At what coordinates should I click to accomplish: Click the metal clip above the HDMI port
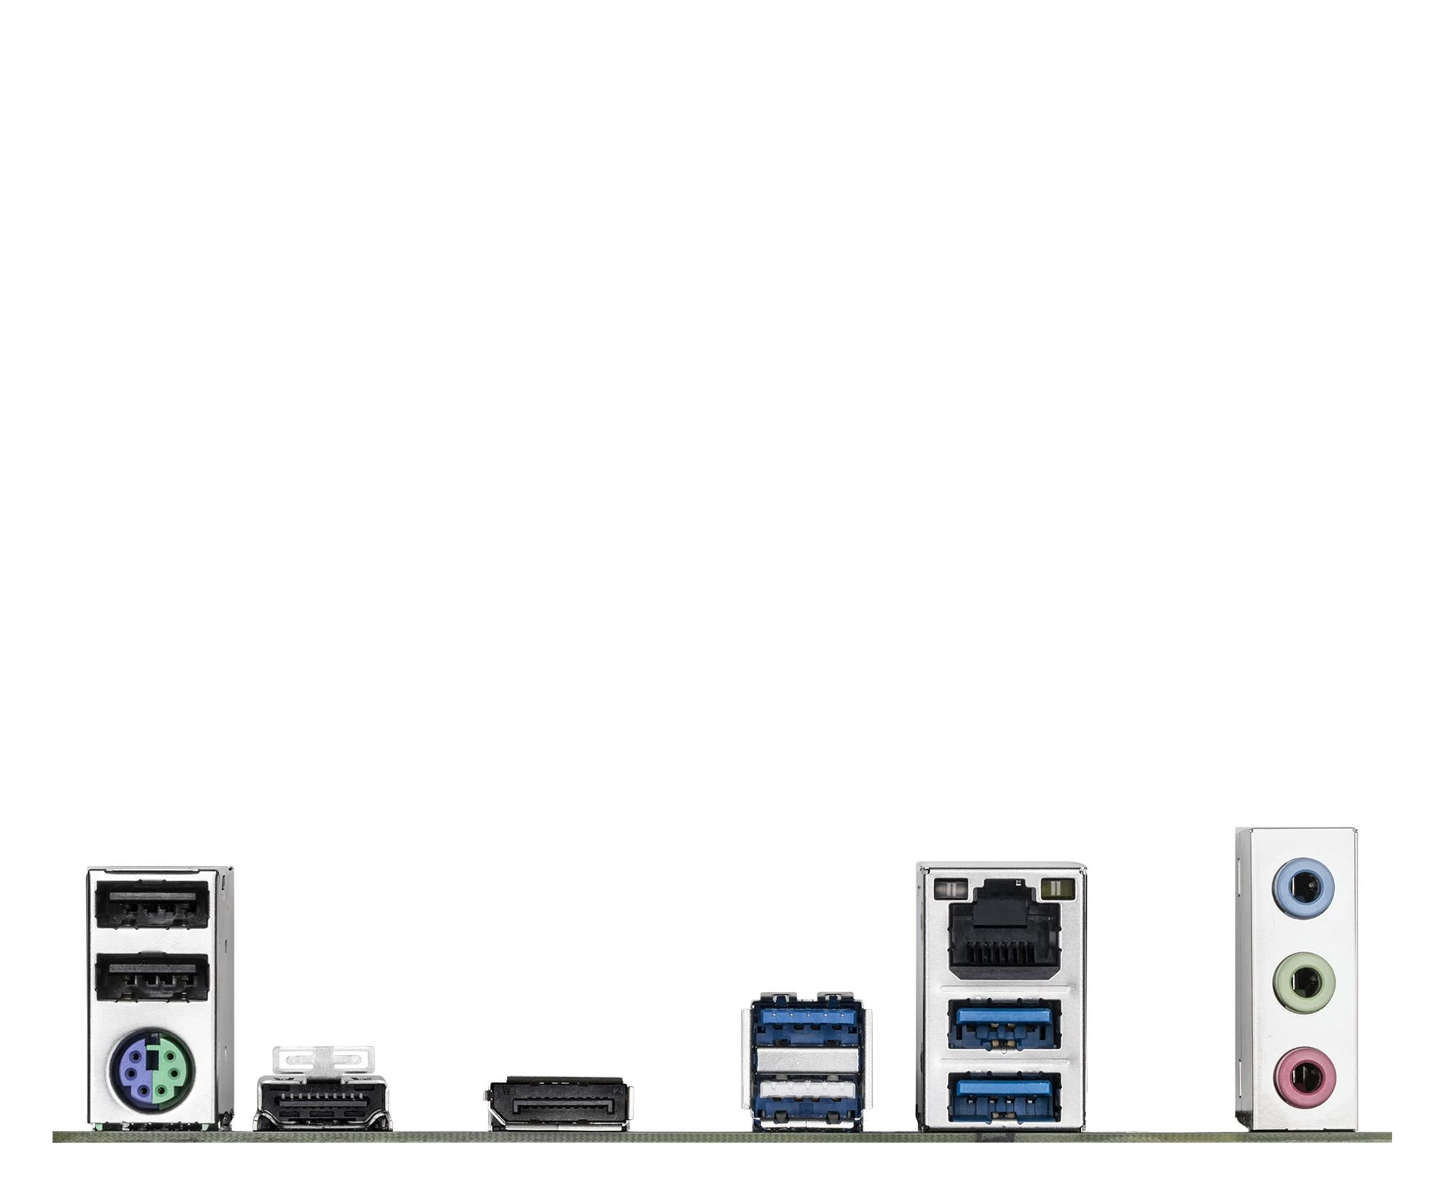coord(323,1059)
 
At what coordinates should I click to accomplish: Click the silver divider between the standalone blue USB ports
coord(806,1061)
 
